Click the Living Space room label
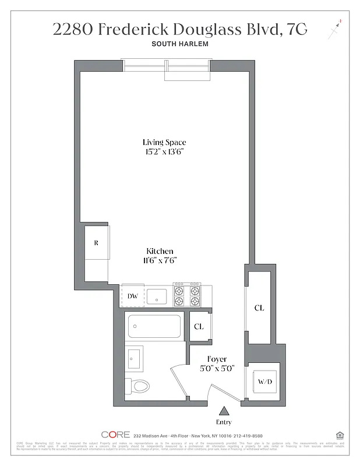[x=165, y=142]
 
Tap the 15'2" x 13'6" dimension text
[x=165, y=152]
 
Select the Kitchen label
[x=160, y=251]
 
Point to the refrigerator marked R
[x=96, y=242]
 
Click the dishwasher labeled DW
[x=133, y=296]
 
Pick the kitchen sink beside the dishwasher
[x=157, y=296]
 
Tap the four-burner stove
[x=186, y=296]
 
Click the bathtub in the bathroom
[x=154, y=327]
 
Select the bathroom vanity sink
[x=135, y=357]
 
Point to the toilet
[x=137, y=386]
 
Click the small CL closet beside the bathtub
[x=199, y=327]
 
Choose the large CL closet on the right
[x=259, y=308]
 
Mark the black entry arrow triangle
[x=224, y=411]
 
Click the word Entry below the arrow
[x=224, y=422]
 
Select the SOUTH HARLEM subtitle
[x=180, y=44]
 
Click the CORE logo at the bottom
[x=115, y=435]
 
